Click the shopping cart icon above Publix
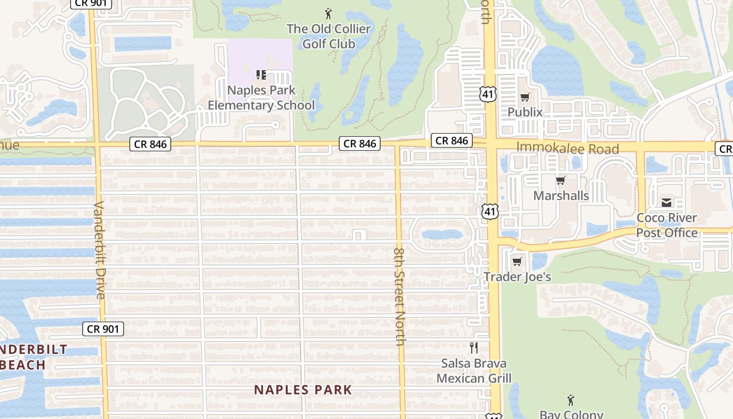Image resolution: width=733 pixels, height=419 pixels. (525, 97)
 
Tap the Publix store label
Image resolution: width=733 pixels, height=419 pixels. (525, 112)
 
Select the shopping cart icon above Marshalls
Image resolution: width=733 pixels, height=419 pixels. (561, 181)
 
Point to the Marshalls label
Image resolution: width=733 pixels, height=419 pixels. (561, 196)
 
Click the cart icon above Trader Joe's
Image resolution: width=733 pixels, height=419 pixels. (517, 261)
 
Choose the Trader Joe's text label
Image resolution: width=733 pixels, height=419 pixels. (517, 277)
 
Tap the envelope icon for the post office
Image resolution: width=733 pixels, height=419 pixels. (667, 202)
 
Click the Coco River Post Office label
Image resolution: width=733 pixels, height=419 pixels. (667, 225)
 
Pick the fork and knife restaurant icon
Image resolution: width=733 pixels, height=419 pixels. (474, 347)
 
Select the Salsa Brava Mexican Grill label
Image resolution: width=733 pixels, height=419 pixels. (474, 370)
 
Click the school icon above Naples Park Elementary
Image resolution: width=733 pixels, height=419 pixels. (261, 75)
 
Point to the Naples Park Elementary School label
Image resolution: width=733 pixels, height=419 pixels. (261, 98)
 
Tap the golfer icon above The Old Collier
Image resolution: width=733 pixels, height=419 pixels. (328, 13)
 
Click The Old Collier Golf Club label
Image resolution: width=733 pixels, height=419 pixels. (328, 36)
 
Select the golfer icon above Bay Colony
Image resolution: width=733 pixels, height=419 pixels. (571, 401)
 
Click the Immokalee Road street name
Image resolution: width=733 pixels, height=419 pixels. (568, 148)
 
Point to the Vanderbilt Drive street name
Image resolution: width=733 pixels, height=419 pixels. (100, 250)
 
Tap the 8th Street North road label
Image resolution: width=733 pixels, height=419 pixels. (400, 296)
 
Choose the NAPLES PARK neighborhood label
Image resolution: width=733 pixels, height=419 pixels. (303, 390)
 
